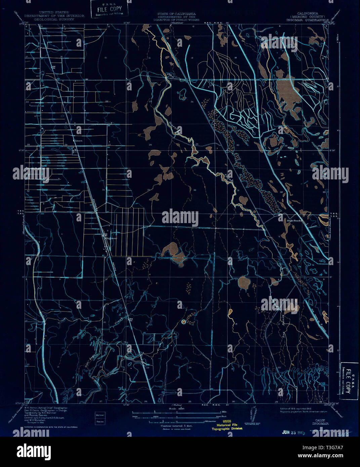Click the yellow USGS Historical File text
[227, 425]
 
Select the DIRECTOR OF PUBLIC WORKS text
[176, 20]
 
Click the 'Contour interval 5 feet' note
[176, 425]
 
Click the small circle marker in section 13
[184, 322]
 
